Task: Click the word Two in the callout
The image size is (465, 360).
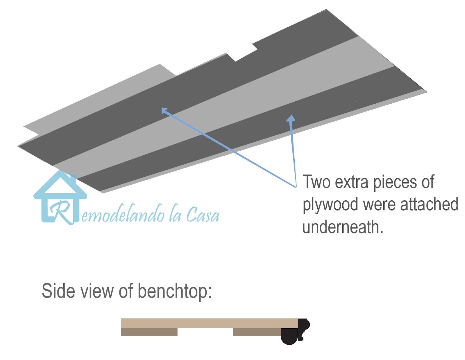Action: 316,182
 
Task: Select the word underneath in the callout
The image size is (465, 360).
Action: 342,227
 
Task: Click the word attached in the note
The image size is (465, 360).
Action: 429,204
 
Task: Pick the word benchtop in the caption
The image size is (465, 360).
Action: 174,291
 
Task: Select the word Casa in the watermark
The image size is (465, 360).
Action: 203,215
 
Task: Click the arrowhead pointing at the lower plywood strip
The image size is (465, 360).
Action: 291,118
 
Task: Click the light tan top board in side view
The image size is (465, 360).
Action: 209,323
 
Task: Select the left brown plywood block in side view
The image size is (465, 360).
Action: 149,332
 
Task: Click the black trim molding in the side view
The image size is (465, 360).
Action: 296,331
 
